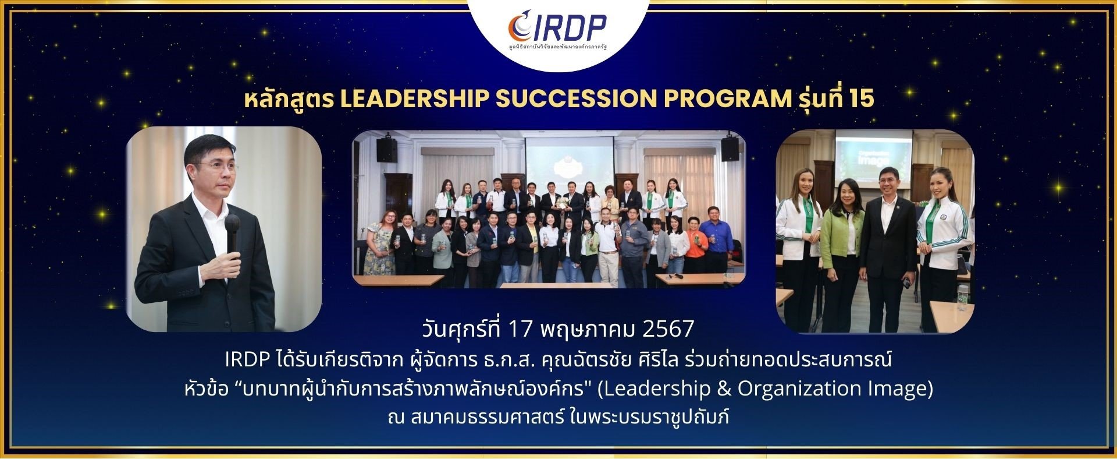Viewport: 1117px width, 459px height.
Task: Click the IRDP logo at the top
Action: (557, 26)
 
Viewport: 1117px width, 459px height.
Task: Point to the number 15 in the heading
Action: (861, 100)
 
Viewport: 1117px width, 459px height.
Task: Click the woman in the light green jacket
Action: (840, 245)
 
